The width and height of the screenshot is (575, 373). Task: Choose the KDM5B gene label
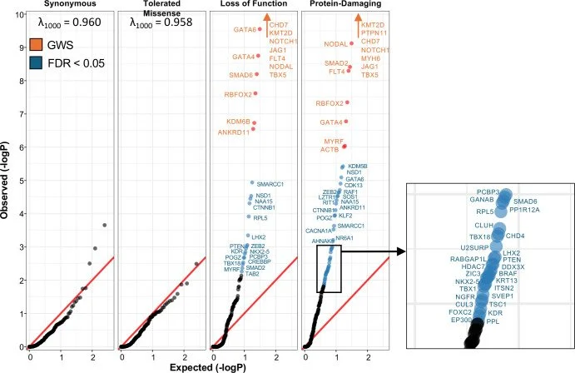[x=358, y=166]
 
